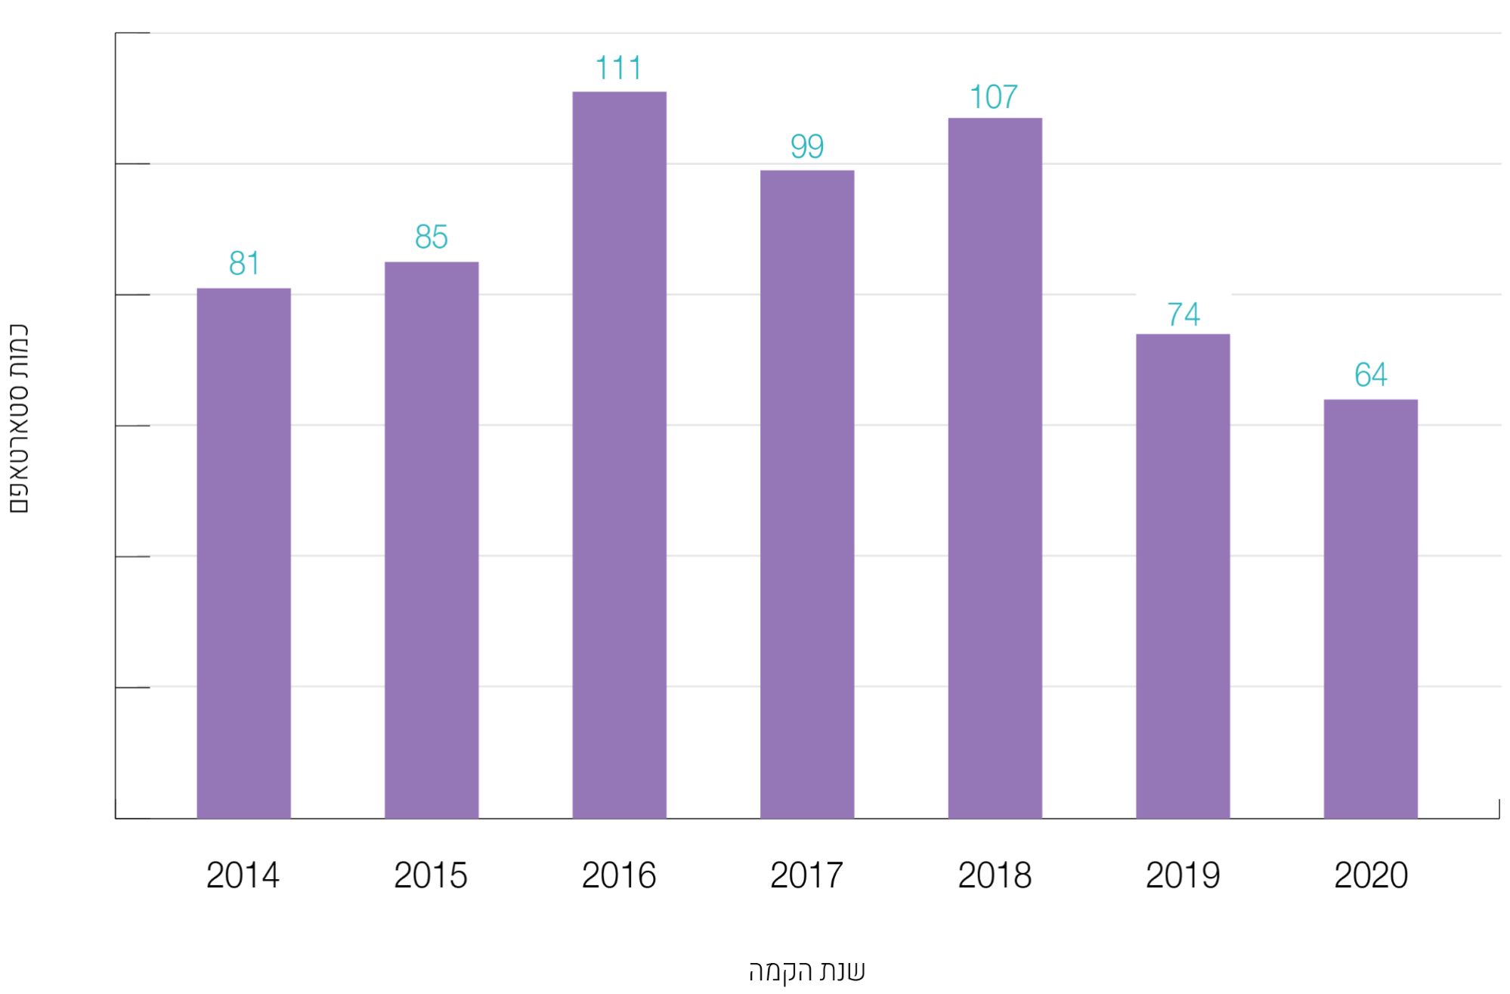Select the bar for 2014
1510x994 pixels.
[x=243, y=553]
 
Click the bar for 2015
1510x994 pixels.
[x=432, y=540]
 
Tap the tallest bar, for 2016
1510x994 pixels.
[x=619, y=454]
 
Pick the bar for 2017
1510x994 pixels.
[x=807, y=494]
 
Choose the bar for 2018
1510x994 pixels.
[x=995, y=468]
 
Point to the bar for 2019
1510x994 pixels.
[x=1183, y=575]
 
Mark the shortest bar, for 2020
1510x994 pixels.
[x=1370, y=608]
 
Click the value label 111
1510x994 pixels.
[x=619, y=68]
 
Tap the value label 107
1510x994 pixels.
[x=994, y=97]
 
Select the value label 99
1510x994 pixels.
[x=807, y=146]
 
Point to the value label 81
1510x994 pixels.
[x=244, y=263]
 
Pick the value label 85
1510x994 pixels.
[x=432, y=237]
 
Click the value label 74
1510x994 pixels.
[x=1184, y=314]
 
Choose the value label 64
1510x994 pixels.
[x=1370, y=374]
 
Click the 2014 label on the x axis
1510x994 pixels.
[x=243, y=875]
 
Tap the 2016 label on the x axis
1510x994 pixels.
[x=619, y=875]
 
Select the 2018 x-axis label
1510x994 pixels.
[x=995, y=875]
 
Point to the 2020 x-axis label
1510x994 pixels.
[x=1371, y=875]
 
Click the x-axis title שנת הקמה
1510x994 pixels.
[x=806, y=971]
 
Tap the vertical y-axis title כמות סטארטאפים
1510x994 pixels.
[x=18, y=419]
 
